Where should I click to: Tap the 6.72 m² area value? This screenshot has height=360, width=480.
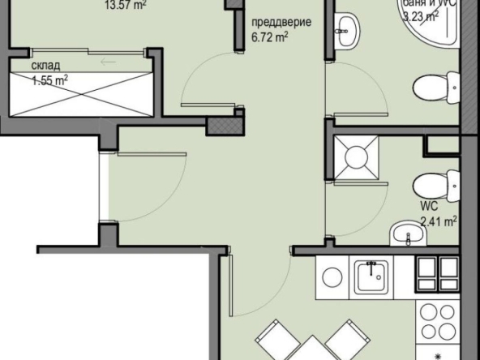tap(270, 36)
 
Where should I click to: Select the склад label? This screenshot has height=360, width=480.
tap(45, 67)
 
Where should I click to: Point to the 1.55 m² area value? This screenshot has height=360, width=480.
tap(49, 80)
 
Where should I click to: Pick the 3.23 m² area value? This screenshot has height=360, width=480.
tap(422, 14)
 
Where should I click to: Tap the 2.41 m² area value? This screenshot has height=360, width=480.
tap(438, 218)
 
